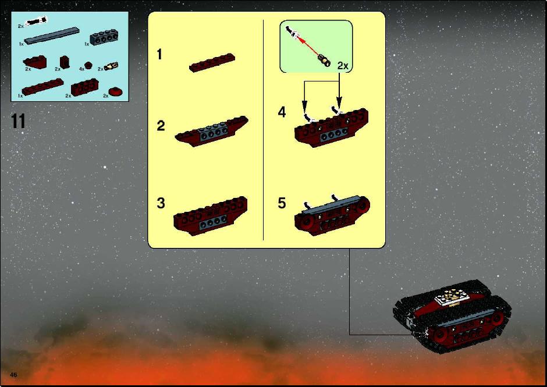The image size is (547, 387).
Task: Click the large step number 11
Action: tap(18, 122)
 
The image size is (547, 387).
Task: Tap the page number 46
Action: tap(13, 375)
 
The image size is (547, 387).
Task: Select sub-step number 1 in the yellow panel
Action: tap(159, 55)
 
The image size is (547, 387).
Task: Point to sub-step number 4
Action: tap(282, 112)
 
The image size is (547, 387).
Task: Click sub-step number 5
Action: tap(282, 203)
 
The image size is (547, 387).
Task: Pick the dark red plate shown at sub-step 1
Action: tap(212, 62)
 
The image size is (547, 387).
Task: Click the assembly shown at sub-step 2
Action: tap(212, 131)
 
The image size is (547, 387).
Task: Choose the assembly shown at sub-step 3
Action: tap(211, 215)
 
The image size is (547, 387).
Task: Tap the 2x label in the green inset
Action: tap(343, 66)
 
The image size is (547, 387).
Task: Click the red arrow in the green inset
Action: tap(308, 46)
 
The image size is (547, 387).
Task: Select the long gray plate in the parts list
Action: tap(52, 35)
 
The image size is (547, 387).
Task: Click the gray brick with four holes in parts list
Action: tap(104, 37)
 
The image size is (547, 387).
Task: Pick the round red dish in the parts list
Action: tap(115, 92)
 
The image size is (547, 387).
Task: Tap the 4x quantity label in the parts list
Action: tap(81, 69)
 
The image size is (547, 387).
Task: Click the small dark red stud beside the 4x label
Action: tap(88, 65)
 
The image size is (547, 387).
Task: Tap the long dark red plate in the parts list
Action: tap(42, 87)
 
